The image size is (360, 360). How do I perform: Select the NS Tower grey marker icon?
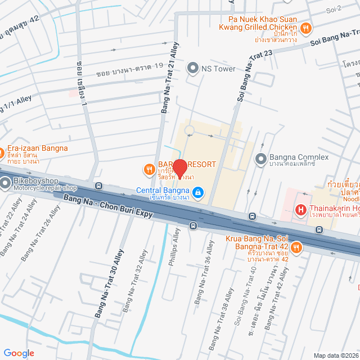coord(192,69)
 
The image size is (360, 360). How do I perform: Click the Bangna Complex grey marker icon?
coord(260,159)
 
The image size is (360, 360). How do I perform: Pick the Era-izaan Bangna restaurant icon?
coord(2,153)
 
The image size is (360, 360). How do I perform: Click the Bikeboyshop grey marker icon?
coord(6,183)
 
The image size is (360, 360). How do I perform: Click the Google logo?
coord(19,353)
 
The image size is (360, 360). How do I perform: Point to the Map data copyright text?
coord(335,355)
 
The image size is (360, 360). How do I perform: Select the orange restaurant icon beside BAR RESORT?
coord(149,168)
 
